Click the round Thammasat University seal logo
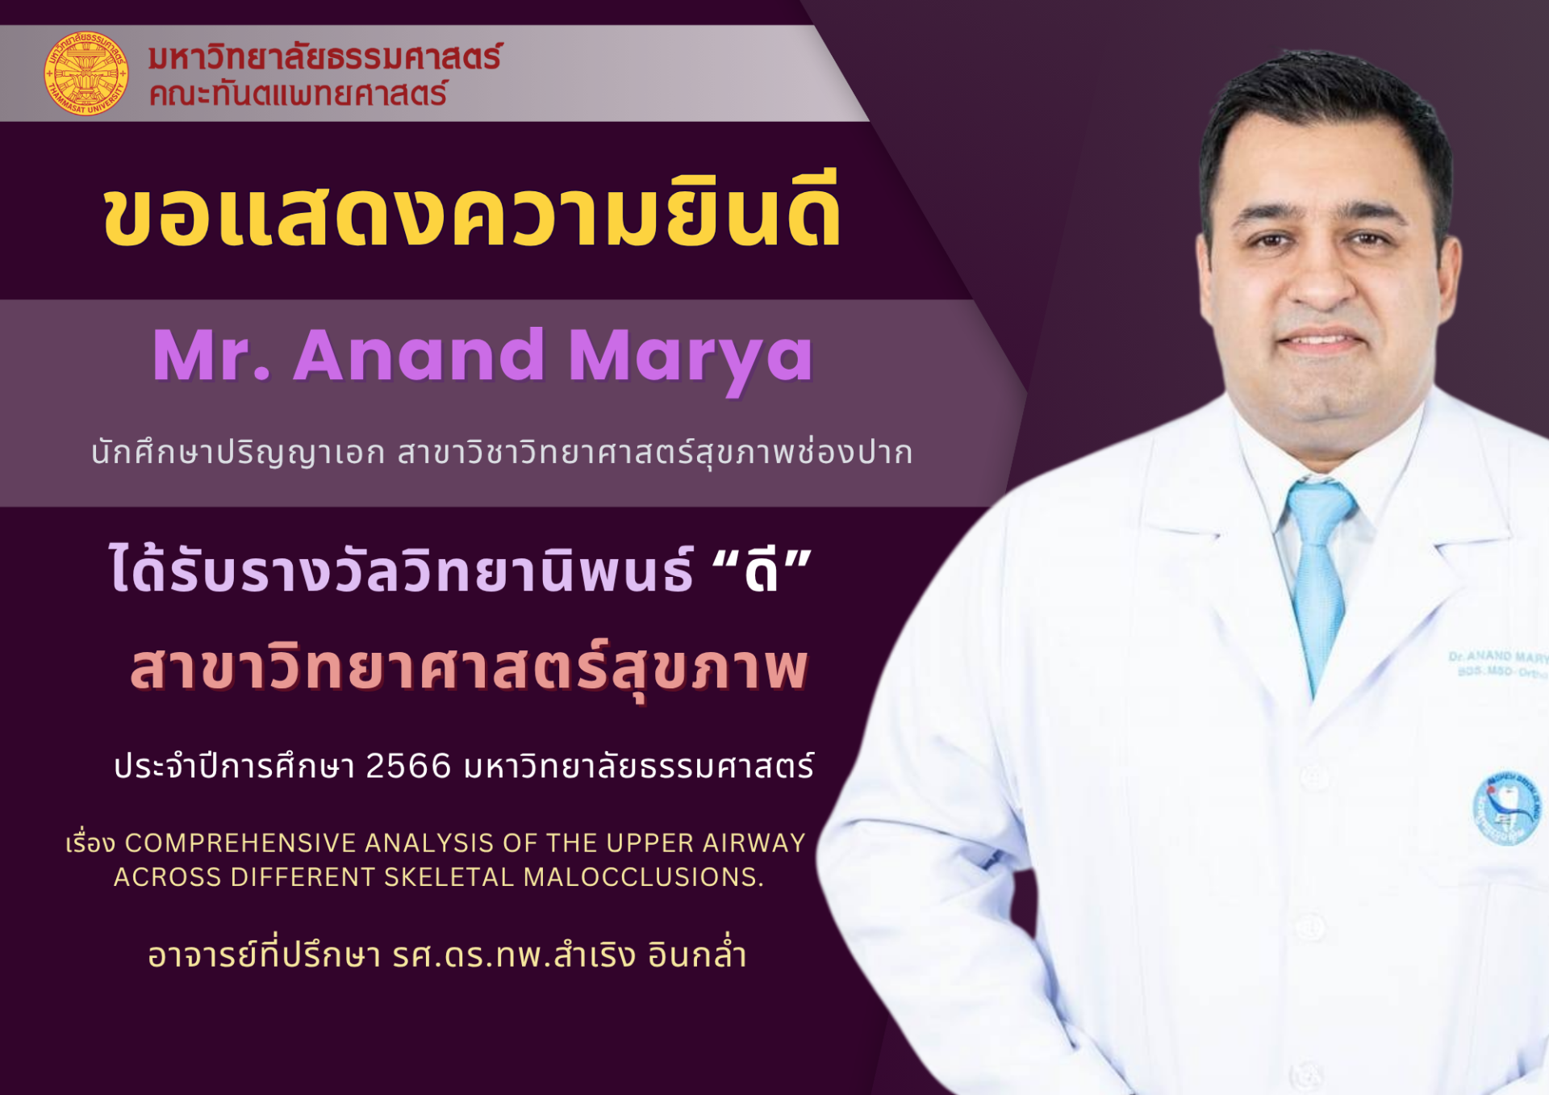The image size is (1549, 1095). click(86, 73)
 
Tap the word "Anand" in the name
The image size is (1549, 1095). click(419, 355)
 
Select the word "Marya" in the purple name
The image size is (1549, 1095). click(691, 361)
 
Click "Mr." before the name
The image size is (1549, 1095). click(211, 355)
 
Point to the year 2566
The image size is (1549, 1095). click(408, 766)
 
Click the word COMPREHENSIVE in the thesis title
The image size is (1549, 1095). click(240, 843)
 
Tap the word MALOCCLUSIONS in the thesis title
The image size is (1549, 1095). click(644, 877)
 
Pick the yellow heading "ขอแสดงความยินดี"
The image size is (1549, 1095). click(473, 211)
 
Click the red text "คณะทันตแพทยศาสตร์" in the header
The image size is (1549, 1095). click(298, 94)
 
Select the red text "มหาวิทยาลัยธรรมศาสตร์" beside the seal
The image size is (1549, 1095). click(325, 57)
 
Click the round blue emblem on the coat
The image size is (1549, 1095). click(1506, 808)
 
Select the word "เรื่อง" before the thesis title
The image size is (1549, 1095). click(90, 843)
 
